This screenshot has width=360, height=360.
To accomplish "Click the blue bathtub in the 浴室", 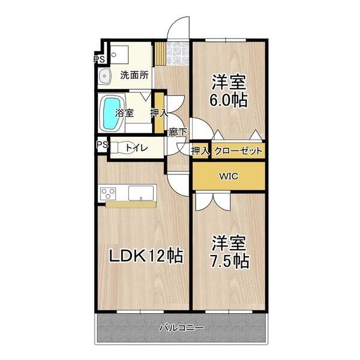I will (112, 113).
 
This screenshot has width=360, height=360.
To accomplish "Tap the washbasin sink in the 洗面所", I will (104, 76).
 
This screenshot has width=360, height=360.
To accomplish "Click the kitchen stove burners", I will (109, 193).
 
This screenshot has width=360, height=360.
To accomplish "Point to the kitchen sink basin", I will (142, 193).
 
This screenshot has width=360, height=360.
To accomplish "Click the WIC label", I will (227, 176).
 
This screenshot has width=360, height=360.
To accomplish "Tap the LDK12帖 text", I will (145, 256).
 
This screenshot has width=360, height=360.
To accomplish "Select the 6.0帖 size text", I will (228, 100).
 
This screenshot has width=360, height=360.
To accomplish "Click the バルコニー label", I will (181, 328).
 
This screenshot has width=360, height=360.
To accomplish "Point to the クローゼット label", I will (238, 151).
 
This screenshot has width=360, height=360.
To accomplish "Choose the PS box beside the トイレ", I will (101, 145).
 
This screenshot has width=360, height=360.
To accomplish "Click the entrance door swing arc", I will (178, 27).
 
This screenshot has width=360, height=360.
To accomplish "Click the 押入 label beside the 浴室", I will (158, 113).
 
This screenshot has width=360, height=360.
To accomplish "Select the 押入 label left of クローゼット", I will (200, 151).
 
